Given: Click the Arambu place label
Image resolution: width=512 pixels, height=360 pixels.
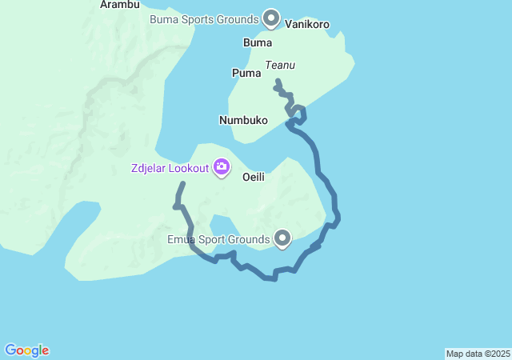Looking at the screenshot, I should (x=120, y=5).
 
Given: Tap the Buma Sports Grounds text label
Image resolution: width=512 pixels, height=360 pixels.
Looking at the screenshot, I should (x=204, y=18).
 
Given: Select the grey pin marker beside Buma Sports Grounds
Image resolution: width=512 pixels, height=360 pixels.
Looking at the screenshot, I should (x=271, y=17).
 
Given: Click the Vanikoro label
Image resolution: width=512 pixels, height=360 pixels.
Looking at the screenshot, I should (x=307, y=25).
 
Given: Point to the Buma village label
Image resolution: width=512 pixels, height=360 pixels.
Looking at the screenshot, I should (x=257, y=43).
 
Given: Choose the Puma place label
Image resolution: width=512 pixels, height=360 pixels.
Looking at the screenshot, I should (x=246, y=73).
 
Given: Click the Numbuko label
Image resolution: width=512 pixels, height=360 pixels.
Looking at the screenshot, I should (x=242, y=120).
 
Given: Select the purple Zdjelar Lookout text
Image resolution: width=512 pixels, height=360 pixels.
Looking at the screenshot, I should (x=170, y=168).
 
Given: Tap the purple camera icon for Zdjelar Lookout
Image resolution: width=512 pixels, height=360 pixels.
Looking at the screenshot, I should (x=222, y=167).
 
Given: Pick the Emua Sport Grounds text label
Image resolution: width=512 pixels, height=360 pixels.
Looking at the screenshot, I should (x=218, y=239).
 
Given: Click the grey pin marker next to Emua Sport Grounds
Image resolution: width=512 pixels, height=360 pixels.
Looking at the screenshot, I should (x=282, y=238).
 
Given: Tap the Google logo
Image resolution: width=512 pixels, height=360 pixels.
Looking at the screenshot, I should (x=27, y=350).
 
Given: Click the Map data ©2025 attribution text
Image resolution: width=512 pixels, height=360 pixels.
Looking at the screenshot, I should (x=478, y=354).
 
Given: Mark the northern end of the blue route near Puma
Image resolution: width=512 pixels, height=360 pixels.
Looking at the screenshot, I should (x=277, y=81).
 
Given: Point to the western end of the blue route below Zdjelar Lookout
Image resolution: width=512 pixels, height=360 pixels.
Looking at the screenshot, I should (x=182, y=184).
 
